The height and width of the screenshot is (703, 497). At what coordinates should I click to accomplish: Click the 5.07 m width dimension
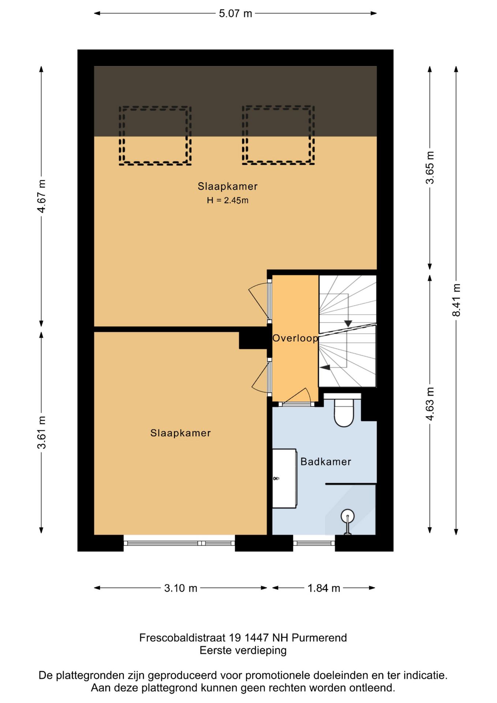click(x=235, y=14)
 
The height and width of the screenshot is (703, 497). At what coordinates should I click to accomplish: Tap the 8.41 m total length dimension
click(x=456, y=300)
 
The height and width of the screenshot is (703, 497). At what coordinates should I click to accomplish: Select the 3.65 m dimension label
click(x=430, y=167)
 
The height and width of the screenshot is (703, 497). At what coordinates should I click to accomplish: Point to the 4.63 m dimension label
click(x=430, y=403)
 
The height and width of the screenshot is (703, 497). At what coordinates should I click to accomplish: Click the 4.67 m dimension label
click(x=41, y=196)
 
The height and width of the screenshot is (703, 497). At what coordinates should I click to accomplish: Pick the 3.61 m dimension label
click(x=41, y=432)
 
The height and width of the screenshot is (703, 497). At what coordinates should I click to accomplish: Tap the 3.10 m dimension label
click(x=180, y=588)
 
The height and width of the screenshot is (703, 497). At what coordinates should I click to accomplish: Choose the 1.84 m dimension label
click(x=324, y=588)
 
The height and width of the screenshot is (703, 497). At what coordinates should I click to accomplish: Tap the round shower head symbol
click(x=347, y=516)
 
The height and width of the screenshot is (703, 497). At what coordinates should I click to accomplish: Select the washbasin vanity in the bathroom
click(x=284, y=478)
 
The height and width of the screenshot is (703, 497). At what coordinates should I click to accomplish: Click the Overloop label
click(x=295, y=338)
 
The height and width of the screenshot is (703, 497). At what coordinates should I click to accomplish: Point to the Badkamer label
click(x=326, y=462)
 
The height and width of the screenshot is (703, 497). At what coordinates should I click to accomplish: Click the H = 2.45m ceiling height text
click(x=228, y=200)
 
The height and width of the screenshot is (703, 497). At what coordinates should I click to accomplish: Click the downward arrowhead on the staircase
click(x=348, y=324)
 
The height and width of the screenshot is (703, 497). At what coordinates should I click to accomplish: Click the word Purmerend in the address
click(x=319, y=638)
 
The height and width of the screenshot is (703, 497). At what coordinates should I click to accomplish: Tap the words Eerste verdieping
click(x=243, y=651)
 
